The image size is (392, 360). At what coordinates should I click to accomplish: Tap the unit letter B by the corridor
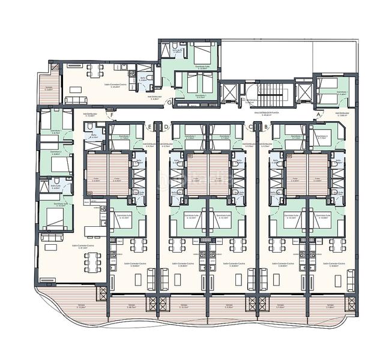coord(265,127)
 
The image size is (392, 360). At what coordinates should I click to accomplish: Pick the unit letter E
coord(149,127)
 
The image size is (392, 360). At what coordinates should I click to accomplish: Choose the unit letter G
coord(170,102)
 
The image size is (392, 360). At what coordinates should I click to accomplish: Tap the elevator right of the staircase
coord(305,93)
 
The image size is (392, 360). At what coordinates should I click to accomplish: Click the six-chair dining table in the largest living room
coord(91,260)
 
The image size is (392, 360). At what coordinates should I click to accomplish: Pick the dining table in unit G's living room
coord(97,70)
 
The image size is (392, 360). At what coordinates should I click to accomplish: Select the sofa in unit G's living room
coord(75,99)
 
